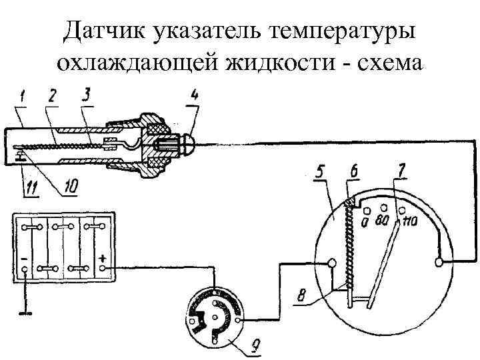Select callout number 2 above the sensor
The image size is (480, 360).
[51, 98]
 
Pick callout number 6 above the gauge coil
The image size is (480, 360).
[353, 172]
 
